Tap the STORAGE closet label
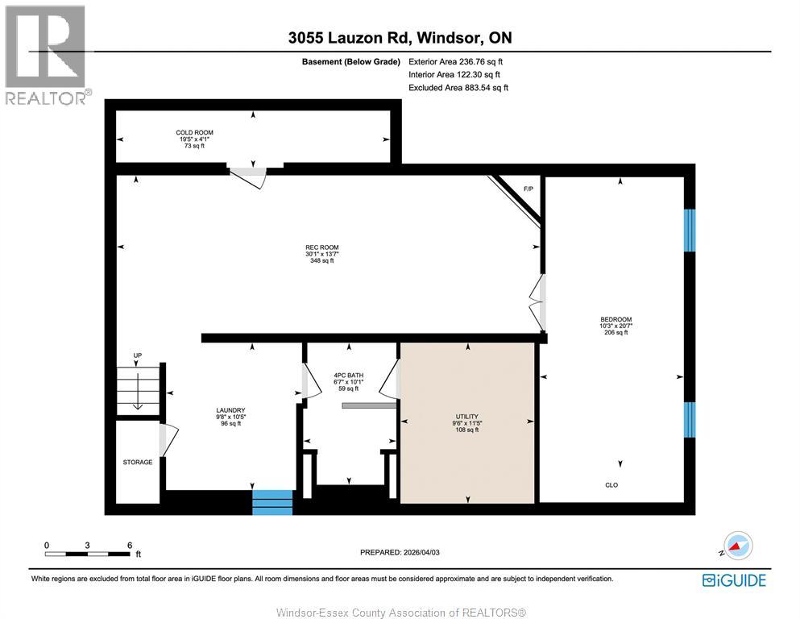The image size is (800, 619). coord(138,462)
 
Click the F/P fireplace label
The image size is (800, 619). coord(528,189)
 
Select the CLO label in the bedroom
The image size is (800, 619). coord(611,485)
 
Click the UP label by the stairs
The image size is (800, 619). coord(137,355)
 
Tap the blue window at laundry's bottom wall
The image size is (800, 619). coord(272,501)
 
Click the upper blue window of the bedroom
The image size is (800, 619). coord(689,231)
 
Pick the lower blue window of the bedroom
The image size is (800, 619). coord(689,420)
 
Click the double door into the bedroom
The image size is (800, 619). coord(537,303)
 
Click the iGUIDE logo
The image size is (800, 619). coord(733,580)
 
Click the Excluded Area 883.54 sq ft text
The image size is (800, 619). coord(458,88)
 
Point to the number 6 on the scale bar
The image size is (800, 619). coord(130,545)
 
